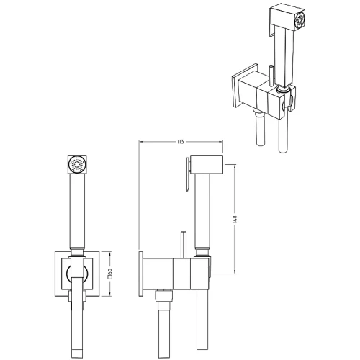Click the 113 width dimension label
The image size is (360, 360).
(181, 142)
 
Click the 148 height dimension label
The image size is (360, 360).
(235, 220)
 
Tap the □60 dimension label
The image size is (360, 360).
(110, 274)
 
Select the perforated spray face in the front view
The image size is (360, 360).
(77, 164)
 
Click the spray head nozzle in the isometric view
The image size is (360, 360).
(300, 20)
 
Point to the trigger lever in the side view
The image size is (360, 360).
(188, 174)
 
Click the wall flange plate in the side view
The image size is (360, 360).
(141, 274)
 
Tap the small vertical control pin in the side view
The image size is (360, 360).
(184, 246)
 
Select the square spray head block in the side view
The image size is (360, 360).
(207, 164)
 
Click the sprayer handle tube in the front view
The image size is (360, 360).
(77, 211)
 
